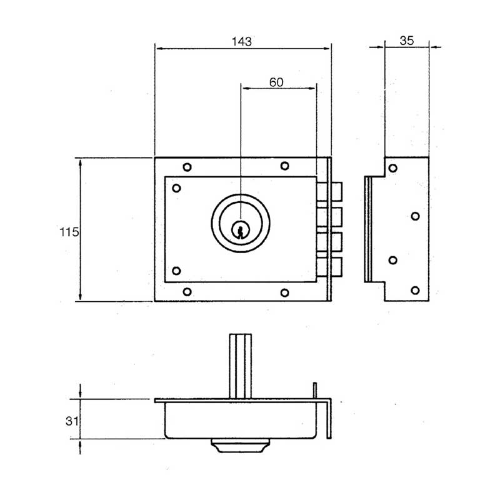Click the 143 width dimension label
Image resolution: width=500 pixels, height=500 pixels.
[241, 41]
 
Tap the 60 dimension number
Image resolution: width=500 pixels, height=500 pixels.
[276, 82]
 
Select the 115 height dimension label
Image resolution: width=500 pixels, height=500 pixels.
[69, 232]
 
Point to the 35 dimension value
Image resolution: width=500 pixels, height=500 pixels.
[407, 41]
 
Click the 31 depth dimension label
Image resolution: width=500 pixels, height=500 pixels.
[72, 421]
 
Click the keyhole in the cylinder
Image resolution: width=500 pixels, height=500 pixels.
[240, 230]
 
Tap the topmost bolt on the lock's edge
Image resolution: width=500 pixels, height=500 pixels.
[329, 192]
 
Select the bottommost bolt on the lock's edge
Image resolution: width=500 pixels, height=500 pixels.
[329, 267]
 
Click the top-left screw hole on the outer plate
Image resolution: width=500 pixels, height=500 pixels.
[187, 167]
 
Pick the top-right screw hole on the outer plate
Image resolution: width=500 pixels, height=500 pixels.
[284, 166]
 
